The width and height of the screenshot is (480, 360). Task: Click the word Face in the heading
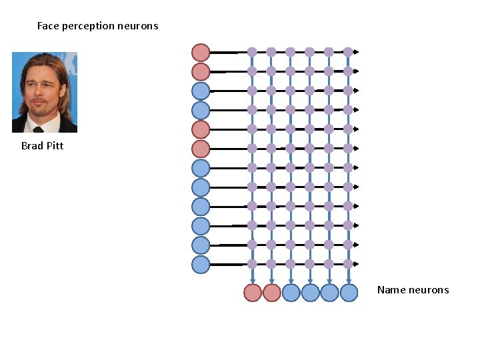[47, 26]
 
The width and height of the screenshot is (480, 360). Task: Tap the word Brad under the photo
[32, 145]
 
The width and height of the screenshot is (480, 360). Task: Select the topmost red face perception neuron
[201, 52]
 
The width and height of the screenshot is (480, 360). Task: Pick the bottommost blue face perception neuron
[201, 265]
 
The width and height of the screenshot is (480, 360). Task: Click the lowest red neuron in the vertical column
[201, 149]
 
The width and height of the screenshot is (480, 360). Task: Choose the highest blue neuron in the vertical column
[201, 91]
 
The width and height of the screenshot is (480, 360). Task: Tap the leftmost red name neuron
[253, 293]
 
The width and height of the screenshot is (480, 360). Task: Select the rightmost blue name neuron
[349, 293]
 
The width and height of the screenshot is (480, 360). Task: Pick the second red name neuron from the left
[271, 293]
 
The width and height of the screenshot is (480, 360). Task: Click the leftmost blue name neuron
[291, 293]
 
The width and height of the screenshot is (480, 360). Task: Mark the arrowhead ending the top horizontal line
[357, 52]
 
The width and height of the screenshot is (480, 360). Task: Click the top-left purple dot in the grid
[252, 52]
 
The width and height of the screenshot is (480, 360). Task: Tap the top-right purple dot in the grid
[348, 52]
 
